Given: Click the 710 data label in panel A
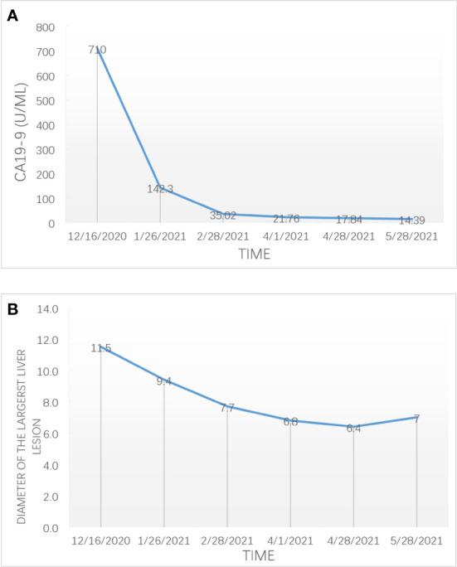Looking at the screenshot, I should click(x=97, y=50).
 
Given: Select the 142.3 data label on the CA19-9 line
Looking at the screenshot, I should click(x=160, y=189).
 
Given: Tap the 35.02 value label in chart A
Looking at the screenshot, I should click(x=223, y=216).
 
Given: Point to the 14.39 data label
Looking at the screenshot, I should click(x=412, y=220).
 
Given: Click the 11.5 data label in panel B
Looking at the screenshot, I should click(x=101, y=348).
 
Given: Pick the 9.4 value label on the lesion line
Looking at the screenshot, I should click(x=164, y=381).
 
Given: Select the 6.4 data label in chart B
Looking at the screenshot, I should click(x=353, y=428).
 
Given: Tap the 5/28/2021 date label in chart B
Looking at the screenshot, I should click(x=416, y=540).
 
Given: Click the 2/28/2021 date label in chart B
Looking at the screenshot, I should click(x=227, y=540).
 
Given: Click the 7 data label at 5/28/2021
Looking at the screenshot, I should click(x=416, y=419).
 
